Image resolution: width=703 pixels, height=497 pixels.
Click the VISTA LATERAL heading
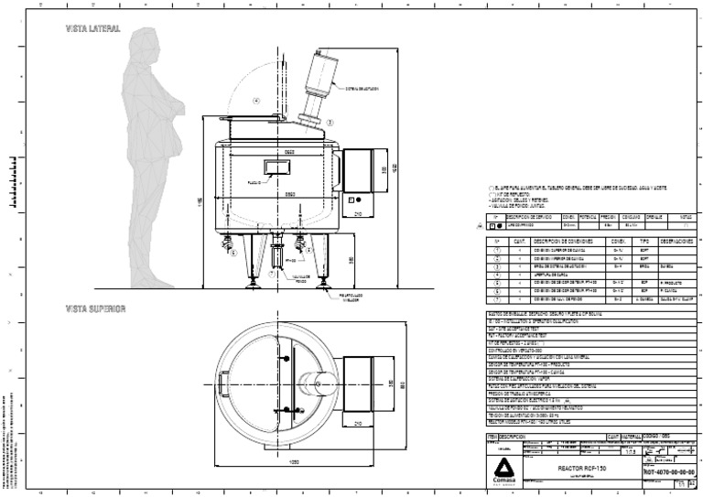pyautogui.click(x=92, y=29)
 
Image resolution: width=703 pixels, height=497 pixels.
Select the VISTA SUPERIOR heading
pyautogui.click(x=95, y=308)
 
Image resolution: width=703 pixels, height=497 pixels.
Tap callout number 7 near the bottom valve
pyautogui.click(x=272, y=273)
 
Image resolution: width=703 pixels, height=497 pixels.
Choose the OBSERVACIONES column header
pyautogui.click(x=677, y=242)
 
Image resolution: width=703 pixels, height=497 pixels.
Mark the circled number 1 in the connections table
pyautogui.click(x=497, y=249)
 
